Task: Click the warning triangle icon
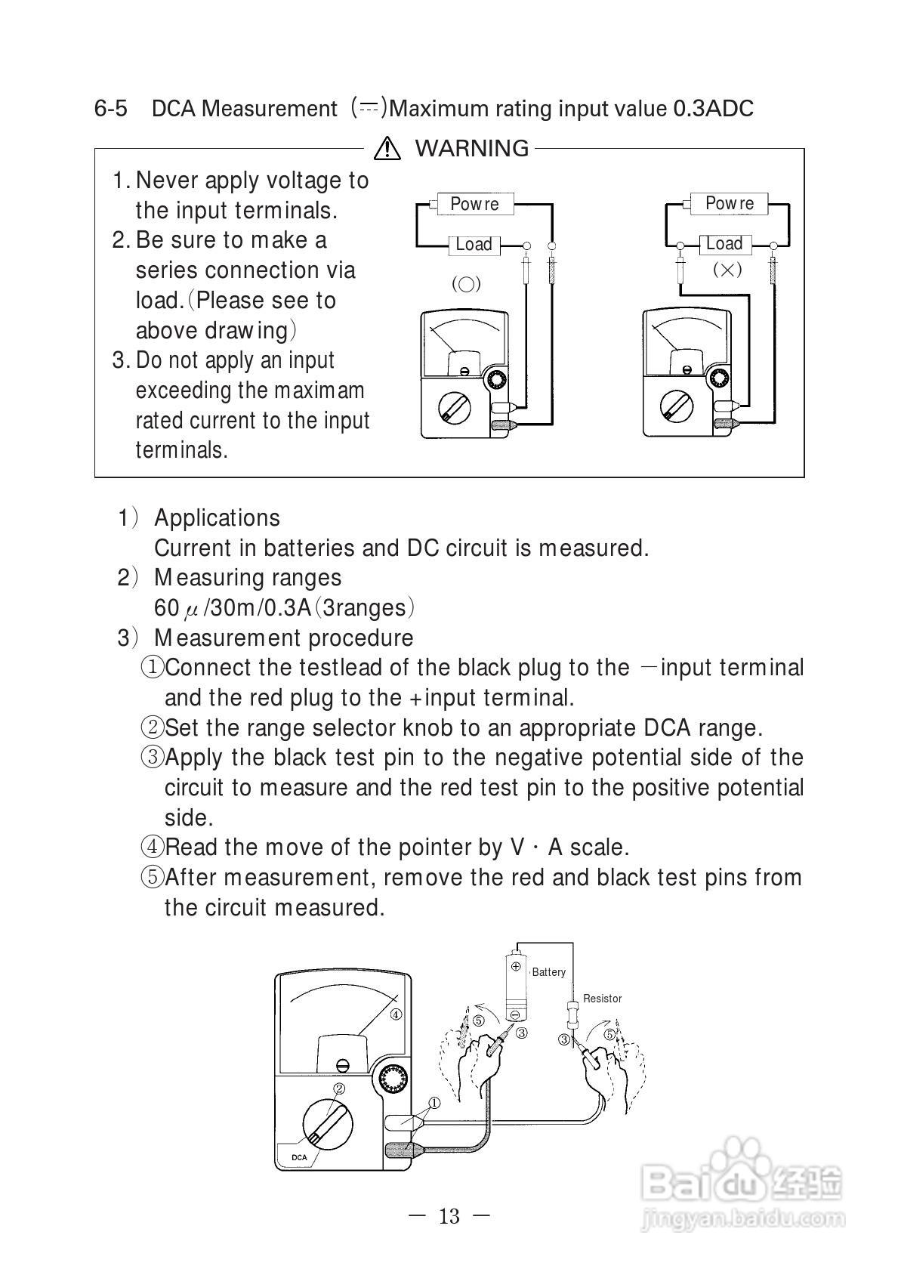point(387,148)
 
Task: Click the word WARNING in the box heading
point(472,148)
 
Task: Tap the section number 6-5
point(110,109)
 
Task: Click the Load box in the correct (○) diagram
point(474,245)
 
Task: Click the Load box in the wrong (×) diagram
point(724,244)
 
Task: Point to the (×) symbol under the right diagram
point(727,270)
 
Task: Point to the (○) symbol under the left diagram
point(466,285)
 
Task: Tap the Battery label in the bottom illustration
point(548,972)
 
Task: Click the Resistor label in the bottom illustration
point(602,999)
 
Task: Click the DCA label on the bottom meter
point(299,1157)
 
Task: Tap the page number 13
point(449,1216)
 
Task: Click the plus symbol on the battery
point(517,966)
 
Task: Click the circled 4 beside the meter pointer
point(396,1014)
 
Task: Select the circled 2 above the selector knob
point(339,1088)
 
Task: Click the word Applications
point(217,518)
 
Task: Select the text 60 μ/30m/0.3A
point(233,608)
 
